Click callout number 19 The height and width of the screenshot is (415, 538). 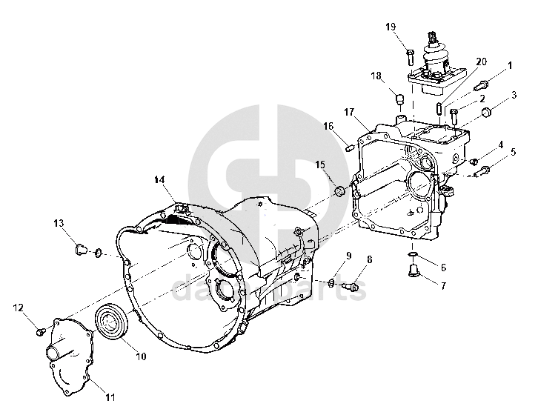coord(391,27)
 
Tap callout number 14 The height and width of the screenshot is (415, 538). coord(161,180)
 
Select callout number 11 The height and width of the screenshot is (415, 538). coord(110,397)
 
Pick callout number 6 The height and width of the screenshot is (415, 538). coord(443,267)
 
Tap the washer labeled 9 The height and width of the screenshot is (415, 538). coord(332,282)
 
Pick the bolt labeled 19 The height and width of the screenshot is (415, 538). coord(409,53)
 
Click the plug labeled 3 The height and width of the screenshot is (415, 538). coord(487,113)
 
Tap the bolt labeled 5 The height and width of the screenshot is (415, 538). coord(483,171)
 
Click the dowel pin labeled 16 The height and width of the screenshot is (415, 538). coord(348,146)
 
